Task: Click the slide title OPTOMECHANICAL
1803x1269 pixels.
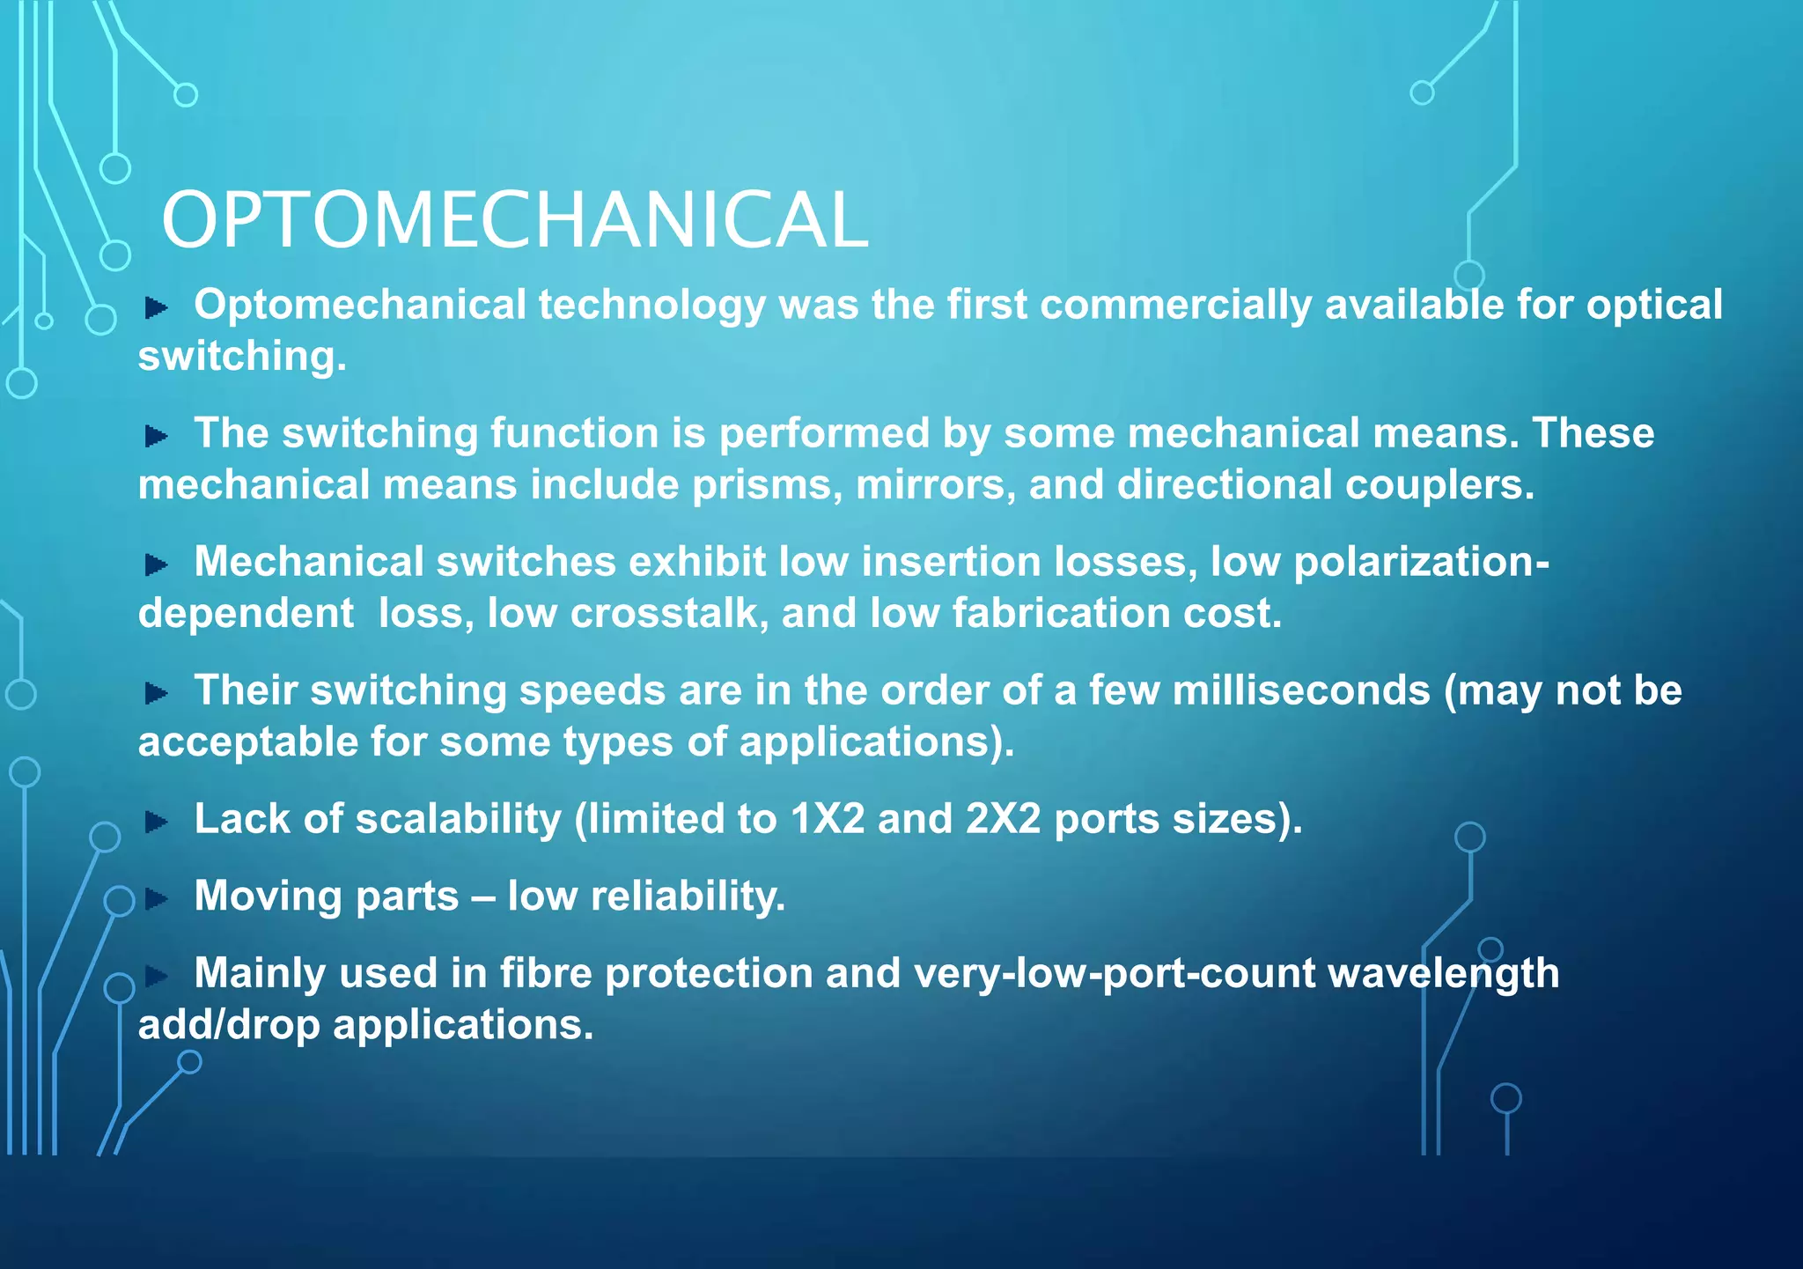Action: point(514,220)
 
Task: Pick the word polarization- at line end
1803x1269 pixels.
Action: point(1421,563)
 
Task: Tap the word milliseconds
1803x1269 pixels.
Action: point(1300,691)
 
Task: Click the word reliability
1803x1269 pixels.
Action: point(688,897)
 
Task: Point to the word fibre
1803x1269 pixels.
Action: point(541,974)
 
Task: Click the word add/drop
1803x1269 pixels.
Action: point(229,1026)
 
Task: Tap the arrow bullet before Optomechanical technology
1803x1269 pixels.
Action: point(157,307)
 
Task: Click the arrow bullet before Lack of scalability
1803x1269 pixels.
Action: point(157,822)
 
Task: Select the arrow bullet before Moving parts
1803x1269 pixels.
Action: point(157,899)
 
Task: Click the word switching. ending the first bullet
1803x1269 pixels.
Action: point(242,358)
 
